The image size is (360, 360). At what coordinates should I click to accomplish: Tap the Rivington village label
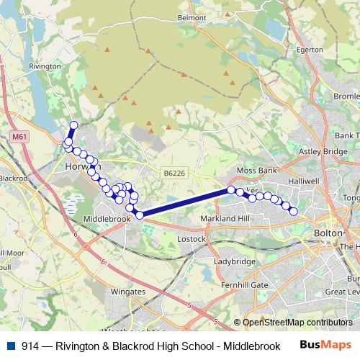click(45, 66)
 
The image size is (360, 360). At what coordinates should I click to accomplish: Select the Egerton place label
click(310, 50)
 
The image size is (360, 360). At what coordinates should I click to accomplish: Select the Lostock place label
click(192, 238)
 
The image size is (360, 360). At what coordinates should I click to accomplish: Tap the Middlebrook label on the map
click(107, 217)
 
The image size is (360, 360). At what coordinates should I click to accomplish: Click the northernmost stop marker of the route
click(73, 125)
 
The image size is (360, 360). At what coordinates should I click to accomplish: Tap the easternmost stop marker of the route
click(294, 211)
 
